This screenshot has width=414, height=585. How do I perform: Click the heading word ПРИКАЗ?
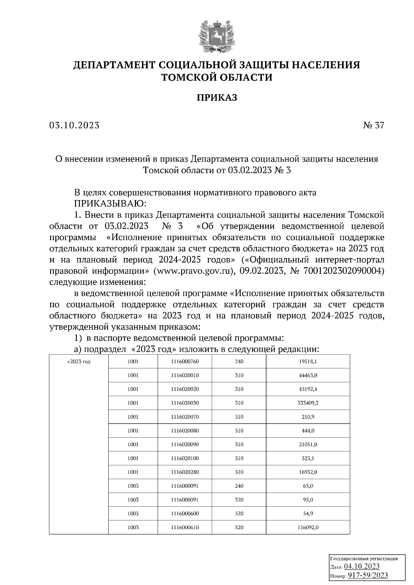point(217,98)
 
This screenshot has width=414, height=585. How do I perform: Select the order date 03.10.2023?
point(74,125)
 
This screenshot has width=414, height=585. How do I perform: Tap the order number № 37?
point(373,125)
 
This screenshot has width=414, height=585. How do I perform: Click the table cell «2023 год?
point(79,362)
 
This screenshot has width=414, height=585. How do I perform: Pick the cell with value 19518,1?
point(308,362)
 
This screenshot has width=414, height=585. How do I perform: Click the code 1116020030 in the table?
point(185,403)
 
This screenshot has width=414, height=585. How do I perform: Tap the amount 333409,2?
point(308,403)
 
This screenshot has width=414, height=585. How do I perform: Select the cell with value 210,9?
point(308,417)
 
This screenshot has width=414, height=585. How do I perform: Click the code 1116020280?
point(185,472)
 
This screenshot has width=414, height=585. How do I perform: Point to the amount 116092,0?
point(308,527)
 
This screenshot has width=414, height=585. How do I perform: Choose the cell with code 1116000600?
point(185,514)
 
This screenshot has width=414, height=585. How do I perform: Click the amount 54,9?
point(308,514)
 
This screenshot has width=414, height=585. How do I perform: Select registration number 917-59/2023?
point(367,575)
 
